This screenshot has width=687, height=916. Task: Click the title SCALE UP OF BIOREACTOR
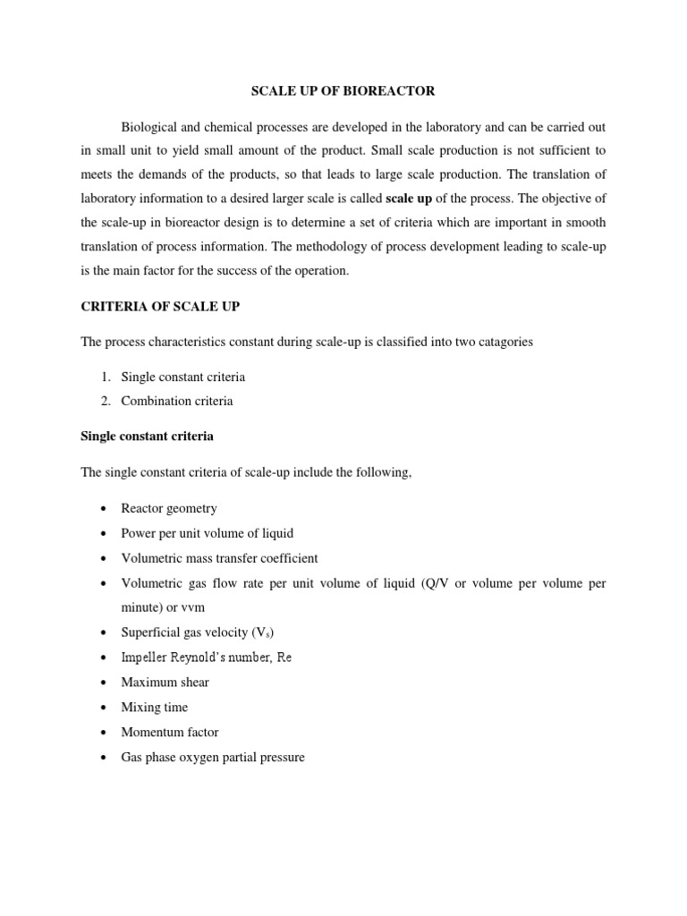tap(343, 90)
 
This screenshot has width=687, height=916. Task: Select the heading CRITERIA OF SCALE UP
tap(160, 307)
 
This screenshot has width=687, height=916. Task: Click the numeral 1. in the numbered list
tap(106, 377)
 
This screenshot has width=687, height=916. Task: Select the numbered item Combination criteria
tap(177, 401)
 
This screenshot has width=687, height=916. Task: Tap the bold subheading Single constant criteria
tap(148, 437)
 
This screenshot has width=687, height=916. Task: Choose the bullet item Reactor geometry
tap(169, 508)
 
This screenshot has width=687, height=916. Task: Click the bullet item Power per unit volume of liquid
tap(207, 533)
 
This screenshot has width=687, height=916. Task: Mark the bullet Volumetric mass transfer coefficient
tap(219, 558)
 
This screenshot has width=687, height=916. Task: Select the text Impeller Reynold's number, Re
tap(207, 657)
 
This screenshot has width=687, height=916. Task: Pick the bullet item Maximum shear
tap(165, 683)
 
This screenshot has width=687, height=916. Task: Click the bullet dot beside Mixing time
tap(105, 708)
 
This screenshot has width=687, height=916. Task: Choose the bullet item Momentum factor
tap(170, 732)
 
